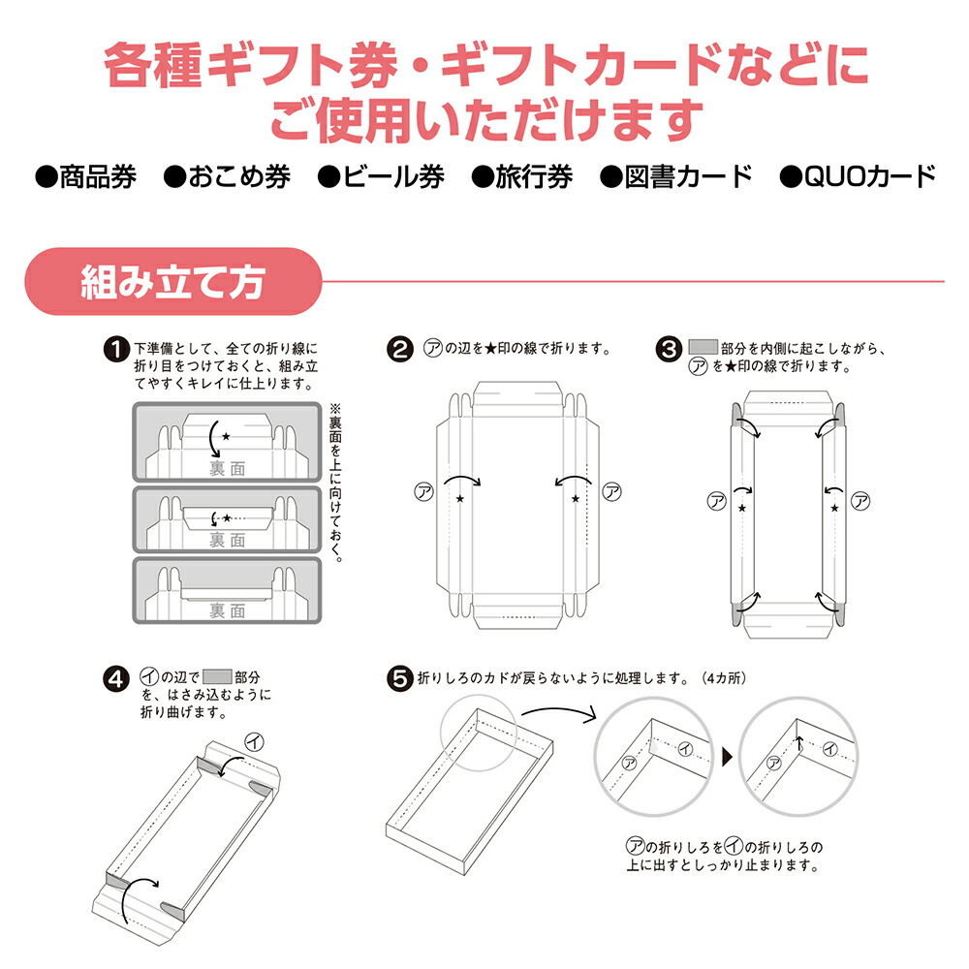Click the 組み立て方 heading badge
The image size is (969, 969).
(x=172, y=281)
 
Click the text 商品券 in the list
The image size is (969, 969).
(x=97, y=176)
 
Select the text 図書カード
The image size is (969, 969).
(x=689, y=176)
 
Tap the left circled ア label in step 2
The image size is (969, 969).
(x=422, y=491)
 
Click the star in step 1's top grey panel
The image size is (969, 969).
(x=226, y=437)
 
